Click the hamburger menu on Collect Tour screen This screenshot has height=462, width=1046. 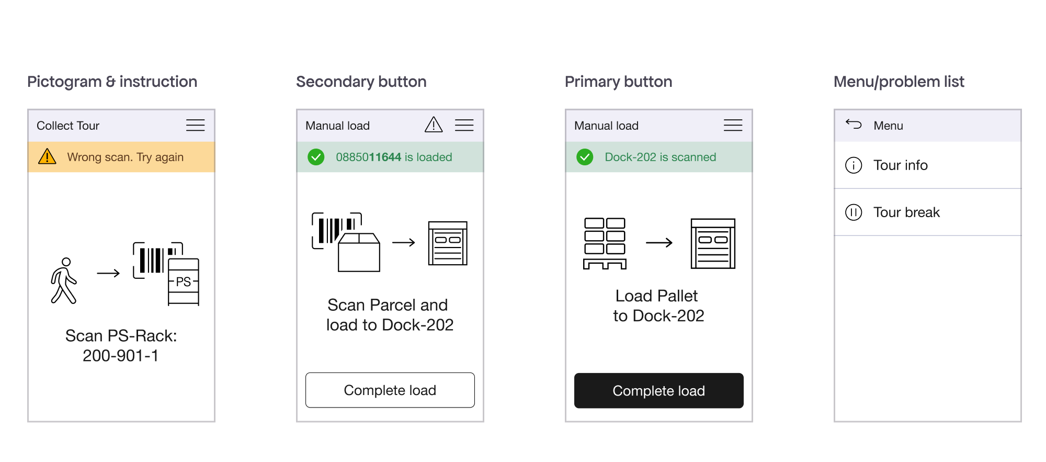point(195,125)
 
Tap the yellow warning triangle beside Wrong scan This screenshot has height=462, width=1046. point(47,156)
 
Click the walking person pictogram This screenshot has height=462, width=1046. point(64,280)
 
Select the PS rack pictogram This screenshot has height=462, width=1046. point(183,281)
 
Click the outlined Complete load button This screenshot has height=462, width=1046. point(390,390)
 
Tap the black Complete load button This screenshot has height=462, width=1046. point(658,390)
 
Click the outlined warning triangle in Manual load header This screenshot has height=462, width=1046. point(434,125)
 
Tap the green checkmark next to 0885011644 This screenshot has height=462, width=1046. point(316,157)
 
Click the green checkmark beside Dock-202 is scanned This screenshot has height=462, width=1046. point(585,157)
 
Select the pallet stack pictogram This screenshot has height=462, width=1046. point(605,243)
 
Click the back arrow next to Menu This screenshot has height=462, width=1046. point(854,124)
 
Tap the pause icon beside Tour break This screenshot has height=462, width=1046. point(854,212)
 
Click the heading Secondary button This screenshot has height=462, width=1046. point(361,82)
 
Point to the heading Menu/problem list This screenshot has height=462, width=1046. point(899,82)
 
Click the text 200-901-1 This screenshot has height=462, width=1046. point(121,356)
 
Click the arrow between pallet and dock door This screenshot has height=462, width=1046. point(659,242)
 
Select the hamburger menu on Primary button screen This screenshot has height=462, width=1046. point(733,125)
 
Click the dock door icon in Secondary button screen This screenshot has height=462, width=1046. point(448,243)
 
